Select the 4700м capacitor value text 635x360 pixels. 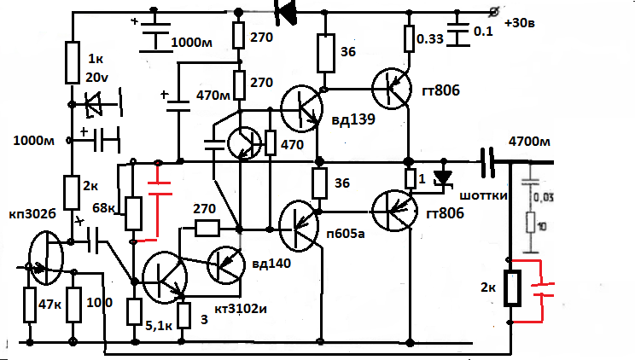pos(530,141)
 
